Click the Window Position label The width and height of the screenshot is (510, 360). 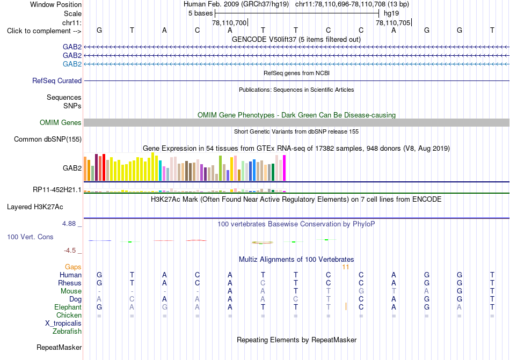coord(56,4)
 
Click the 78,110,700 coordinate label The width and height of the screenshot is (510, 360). coord(229,23)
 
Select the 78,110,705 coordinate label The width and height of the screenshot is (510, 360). coord(393,23)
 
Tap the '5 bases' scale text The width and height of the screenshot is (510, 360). coord(200,13)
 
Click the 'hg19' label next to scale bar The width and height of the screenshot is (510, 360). coord(391,13)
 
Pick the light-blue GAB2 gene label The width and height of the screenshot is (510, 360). coord(72,64)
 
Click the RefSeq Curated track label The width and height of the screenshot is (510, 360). coord(57,80)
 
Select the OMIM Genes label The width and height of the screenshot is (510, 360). coord(61,122)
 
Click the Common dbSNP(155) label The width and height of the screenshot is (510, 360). coord(48,139)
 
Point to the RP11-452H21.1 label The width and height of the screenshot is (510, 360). coord(57,189)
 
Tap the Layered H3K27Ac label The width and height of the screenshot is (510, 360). coord(35,207)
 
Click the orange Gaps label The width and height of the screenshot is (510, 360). coord(73,267)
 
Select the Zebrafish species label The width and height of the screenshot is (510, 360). coord(67,332)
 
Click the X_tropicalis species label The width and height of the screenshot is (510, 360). coord(63,324)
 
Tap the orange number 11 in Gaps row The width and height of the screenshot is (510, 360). coord(345,267)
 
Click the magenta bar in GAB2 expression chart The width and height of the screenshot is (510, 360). coord(285,168)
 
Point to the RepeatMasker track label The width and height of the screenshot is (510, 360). coord(59,347)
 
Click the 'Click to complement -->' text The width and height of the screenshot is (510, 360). coord(44,31)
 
